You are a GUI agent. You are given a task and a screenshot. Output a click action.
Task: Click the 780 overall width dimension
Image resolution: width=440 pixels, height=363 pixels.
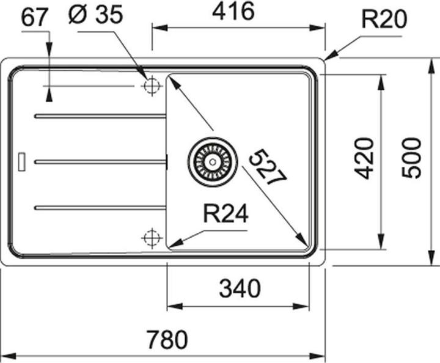point(167,339)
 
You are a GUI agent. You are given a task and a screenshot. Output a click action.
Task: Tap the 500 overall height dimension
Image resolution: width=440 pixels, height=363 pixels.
point(412,158)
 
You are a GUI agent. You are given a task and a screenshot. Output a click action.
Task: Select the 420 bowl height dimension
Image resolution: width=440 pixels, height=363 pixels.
point(364,158)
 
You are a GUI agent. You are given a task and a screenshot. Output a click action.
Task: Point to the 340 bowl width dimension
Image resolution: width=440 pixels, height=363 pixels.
point(240,288)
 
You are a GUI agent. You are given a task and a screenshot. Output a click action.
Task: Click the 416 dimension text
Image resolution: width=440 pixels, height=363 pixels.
point(233,11)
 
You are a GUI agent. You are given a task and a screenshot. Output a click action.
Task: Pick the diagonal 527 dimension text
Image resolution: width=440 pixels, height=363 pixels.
point(268,167)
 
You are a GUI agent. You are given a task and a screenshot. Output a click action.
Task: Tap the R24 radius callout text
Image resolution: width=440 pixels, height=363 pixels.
point(226,213)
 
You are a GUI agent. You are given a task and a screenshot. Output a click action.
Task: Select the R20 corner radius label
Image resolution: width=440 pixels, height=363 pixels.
point(384,19)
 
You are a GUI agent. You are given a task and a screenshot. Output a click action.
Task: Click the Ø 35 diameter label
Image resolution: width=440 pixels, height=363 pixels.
point(96,15)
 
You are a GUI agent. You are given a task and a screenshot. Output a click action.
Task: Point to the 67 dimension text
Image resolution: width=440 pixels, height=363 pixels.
point(33,17)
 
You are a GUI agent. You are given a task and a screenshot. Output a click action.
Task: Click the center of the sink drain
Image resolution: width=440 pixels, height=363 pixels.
point(213,162)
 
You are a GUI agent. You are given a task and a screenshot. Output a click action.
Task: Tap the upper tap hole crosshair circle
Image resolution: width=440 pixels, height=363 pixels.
point(152,86)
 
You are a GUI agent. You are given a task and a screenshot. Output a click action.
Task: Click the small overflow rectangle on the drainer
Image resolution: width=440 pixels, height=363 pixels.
point(21,162)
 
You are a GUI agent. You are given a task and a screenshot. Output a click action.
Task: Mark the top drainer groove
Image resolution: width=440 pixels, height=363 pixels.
point(100,116)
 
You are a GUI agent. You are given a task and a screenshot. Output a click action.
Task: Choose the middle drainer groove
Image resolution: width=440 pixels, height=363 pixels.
point(100,162)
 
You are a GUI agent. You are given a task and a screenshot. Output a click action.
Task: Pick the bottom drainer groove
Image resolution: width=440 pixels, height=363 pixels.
point(100,208)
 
